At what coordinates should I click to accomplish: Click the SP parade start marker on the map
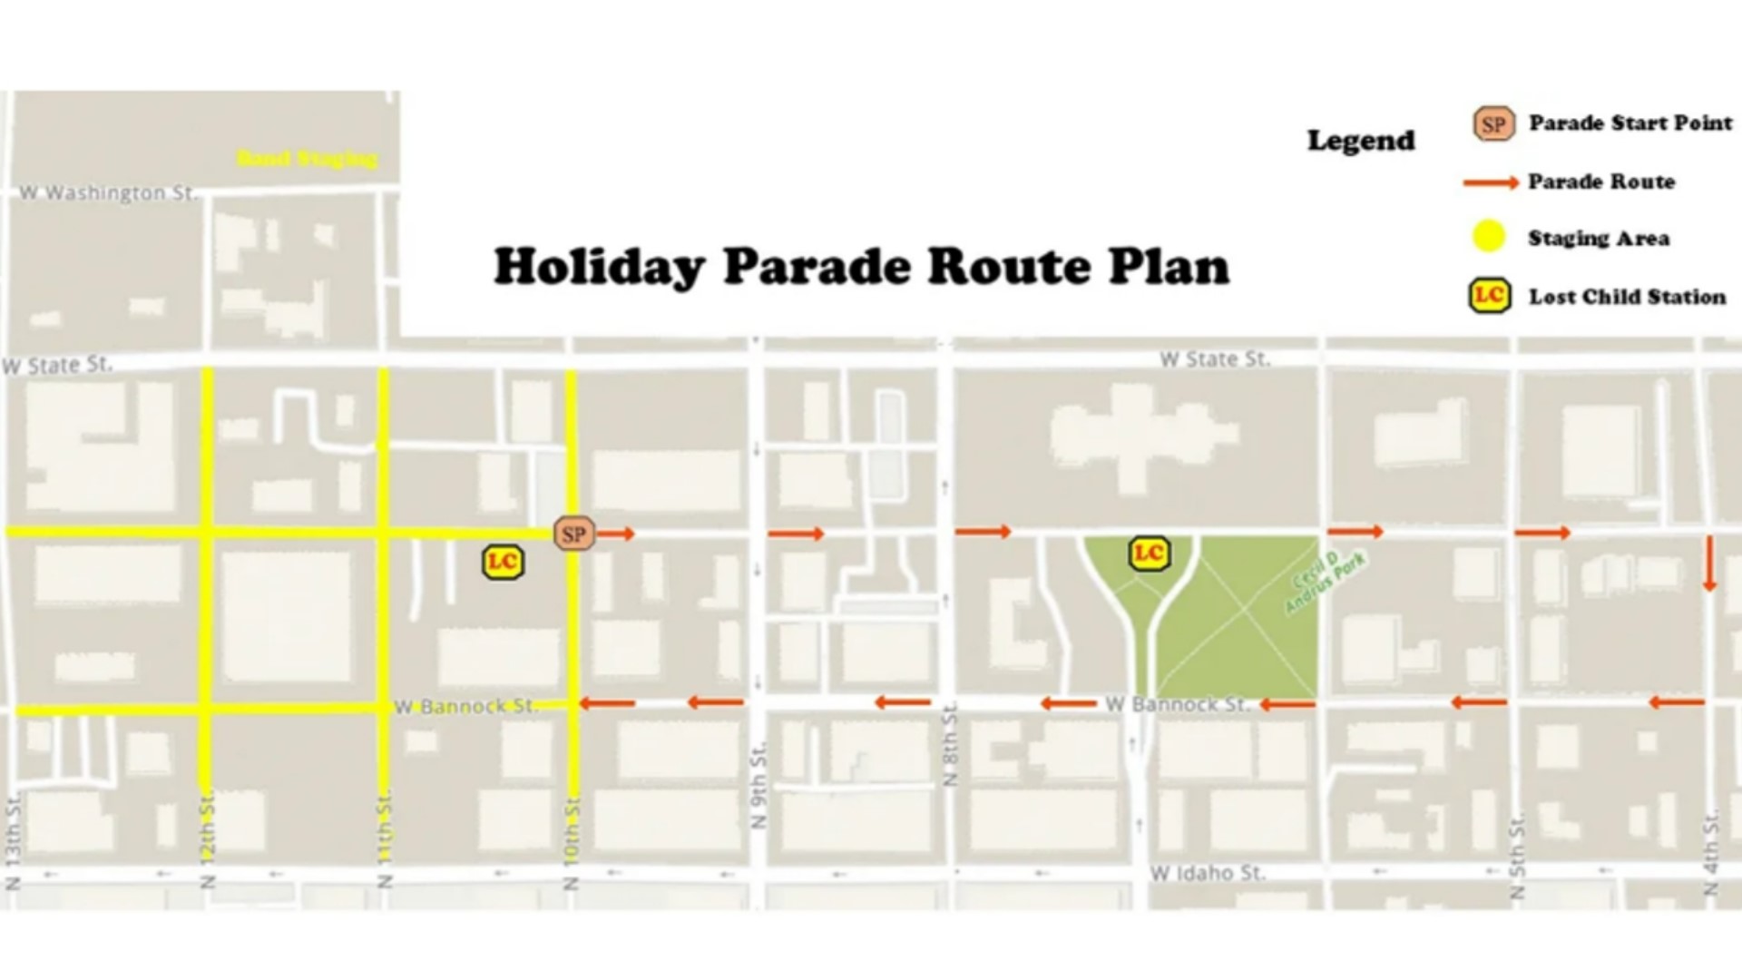[573, 534]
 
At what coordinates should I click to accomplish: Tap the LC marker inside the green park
[1149, 554]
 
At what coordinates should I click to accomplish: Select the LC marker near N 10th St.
[502, 563]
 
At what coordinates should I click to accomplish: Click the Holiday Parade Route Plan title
[861, 268]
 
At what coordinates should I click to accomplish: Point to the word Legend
[1360, 141]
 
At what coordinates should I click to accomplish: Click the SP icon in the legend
[1492, 124]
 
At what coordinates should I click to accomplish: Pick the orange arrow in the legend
[1490, 182]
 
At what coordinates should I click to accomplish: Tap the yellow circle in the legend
[1488, 238]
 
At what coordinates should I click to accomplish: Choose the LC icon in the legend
[1490, 296]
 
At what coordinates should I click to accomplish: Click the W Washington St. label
[108, 193]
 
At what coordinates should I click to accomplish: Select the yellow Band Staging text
[307, 160]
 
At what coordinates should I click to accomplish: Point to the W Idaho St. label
[1207, 874]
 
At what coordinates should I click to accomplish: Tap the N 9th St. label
[759, 786]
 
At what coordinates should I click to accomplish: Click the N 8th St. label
[950, 744]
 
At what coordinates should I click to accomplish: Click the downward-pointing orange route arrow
[1709, 563]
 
